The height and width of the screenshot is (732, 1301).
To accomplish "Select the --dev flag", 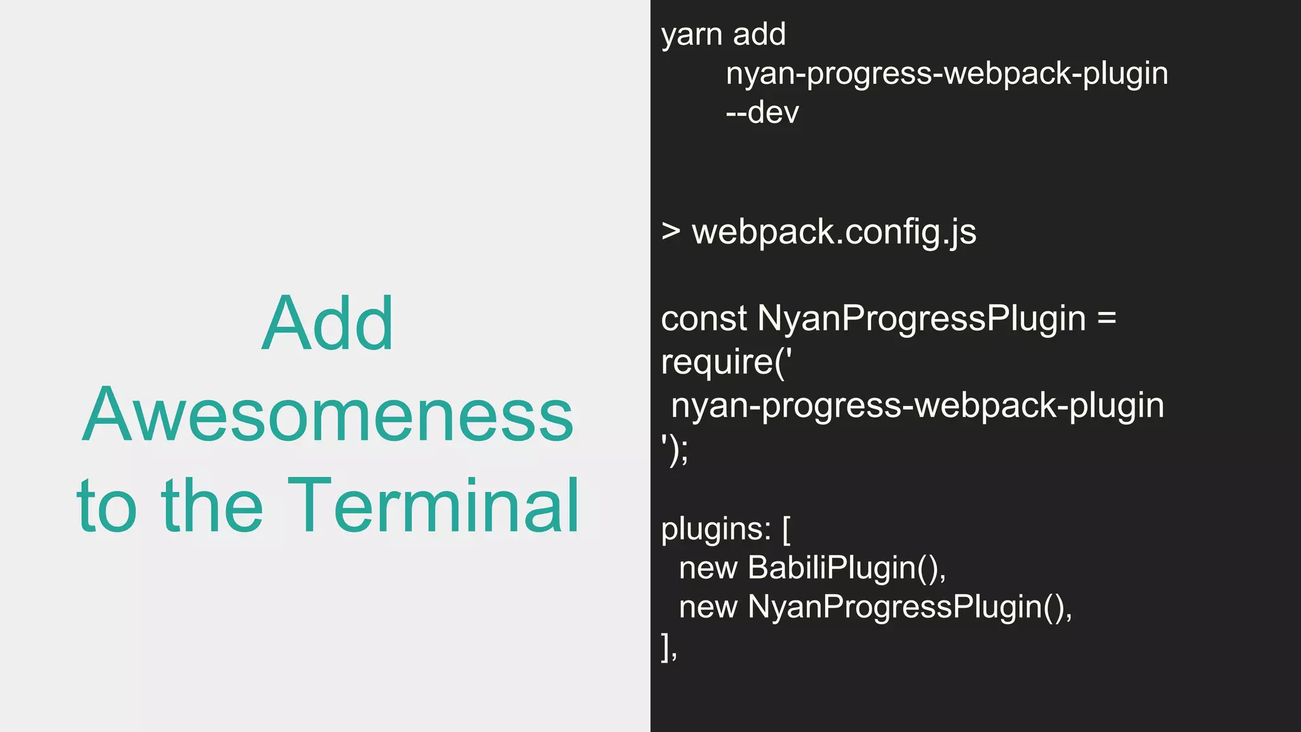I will click(762, 113).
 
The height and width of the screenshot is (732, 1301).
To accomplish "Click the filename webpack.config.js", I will click(834, 233).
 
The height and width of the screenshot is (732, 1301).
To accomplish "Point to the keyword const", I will click(703, 318).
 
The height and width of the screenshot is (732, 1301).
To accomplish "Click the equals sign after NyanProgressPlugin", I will click(1106, 318).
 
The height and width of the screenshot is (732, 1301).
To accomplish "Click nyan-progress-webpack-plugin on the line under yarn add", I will click(947, 74).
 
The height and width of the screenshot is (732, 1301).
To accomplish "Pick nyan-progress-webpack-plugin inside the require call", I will click(917, 406).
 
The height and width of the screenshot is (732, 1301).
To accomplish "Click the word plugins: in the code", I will click(716, 529).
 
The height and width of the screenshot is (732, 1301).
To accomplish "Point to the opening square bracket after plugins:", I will click(786, 529).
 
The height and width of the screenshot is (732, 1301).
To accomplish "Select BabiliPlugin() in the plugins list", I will click(846, 568).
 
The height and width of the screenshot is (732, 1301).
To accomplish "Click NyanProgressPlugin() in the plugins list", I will click(909, 607).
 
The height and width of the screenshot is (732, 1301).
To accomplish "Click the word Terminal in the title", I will click(433, 506).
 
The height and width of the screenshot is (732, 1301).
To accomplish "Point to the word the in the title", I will click(212, 506).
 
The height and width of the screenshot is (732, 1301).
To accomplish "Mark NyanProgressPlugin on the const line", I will click(922, 318).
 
